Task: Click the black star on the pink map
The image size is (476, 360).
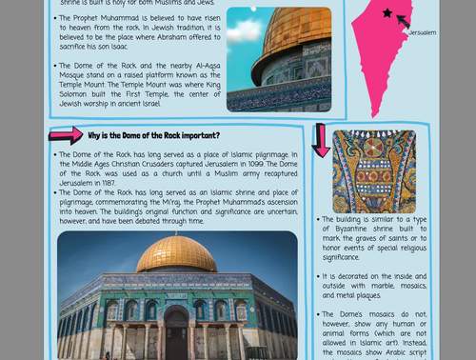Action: pyautogui.click(x=387, y=13)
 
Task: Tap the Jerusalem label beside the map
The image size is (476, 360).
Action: pyautogui.click(x=422, y=32)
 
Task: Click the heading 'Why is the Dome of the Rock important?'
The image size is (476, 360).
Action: pyautogui.click(x=153, y=135)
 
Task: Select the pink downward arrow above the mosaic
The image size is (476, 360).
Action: pyautogui.click(x=321, y=139)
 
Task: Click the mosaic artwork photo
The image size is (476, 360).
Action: pyautogui.click(x=374, y=171)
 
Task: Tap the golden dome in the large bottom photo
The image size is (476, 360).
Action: pyautogui.click(x=176, y=253)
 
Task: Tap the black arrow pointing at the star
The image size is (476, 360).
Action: pyautogui.click(x=403, y=21)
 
